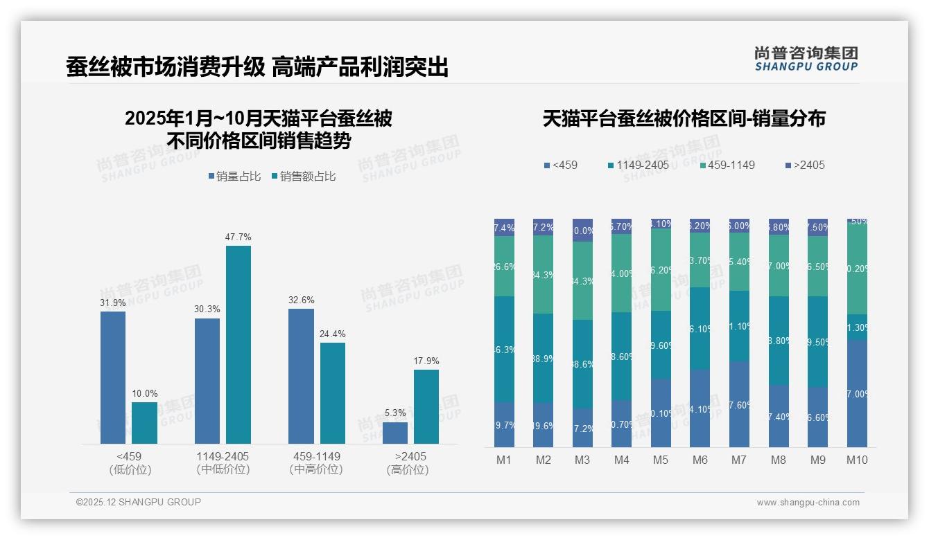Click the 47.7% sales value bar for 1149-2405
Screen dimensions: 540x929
click(x=238, y=344)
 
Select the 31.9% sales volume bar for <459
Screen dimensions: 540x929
click(x=113, y=377)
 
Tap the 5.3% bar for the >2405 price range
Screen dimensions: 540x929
click(x=395, y=433)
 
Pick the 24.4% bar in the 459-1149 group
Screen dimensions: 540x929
click(x=333, y=393)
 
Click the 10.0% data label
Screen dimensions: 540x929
click(x=145, y=393)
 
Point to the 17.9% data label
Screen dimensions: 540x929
click(x=426, y=361)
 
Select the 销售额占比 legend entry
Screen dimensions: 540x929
click(x=307, y=177)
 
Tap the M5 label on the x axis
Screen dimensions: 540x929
click(x=661, y=460)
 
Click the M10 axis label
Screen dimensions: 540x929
click(x=857, y=460)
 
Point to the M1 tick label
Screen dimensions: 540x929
click(x=504, y=460)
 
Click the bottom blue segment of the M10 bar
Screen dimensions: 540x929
click(x=857, y=393)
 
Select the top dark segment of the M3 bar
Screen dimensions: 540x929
click(x=582, y=231)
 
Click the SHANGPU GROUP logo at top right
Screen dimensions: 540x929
click(x=806, y=58)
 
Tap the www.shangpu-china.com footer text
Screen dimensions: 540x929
click(x=808, y=503)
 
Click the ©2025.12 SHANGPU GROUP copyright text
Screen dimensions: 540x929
click(x=139, y=502)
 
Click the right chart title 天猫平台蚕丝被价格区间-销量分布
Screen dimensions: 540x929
click(x=684, y=118)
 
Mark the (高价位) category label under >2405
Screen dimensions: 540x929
click(x=408, y=470)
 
